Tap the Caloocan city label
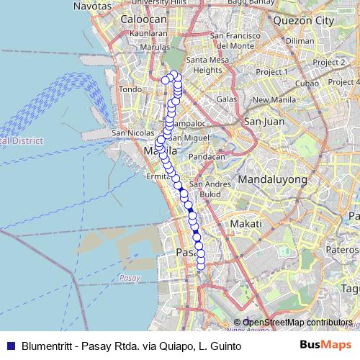pos(144,19)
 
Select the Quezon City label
pos(309,21)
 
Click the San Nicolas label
pos(131,134)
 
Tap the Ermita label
pos(158,176)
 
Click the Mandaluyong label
pos(272,179)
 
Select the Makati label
pos(246,225)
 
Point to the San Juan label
pos(261,121)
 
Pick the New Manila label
pos(270,99)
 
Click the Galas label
pos(227,99)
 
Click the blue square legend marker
pos(9,346)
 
